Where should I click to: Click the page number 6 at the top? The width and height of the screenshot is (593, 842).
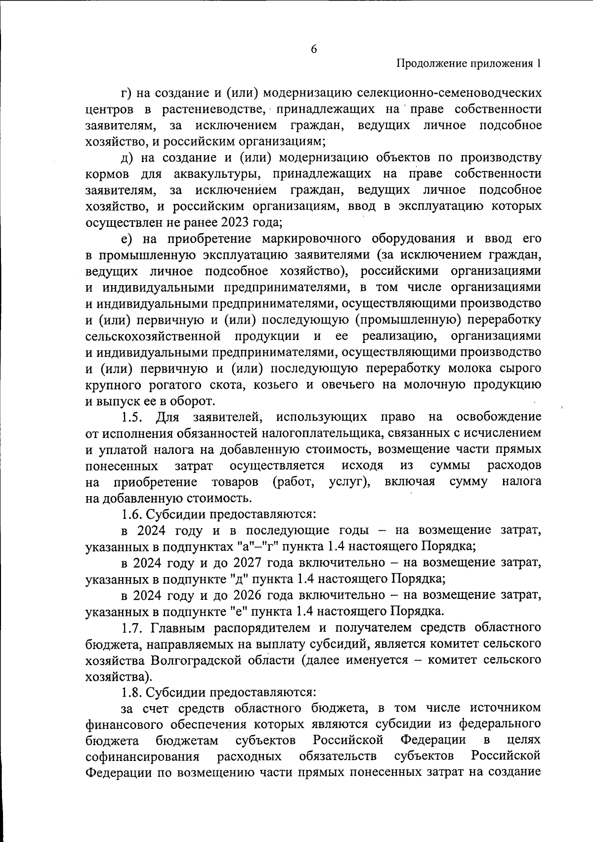(x=314, y=49)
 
